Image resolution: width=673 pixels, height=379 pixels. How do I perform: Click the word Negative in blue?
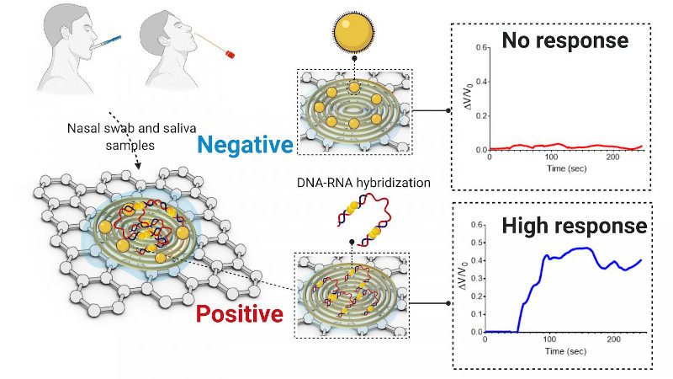coord(245,145)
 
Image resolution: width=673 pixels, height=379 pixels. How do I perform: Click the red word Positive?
coord(240,313)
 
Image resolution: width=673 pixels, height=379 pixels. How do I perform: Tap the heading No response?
coord(564,40)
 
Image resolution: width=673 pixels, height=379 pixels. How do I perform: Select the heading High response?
coord(575,226)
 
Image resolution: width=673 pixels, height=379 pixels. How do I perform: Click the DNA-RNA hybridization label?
coord(363,183)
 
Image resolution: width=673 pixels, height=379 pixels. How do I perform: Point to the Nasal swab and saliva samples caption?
coord(131,136)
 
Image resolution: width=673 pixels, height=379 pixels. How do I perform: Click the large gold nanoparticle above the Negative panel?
coord(354,32)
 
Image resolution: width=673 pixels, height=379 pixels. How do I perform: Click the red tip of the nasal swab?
coord(230,54)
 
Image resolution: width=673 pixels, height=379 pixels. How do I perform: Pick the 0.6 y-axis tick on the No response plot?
coord(481,47)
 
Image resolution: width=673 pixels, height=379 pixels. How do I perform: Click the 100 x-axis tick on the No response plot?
coord(551,157)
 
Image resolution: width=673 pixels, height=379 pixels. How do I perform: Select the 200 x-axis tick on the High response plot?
coord(614,339)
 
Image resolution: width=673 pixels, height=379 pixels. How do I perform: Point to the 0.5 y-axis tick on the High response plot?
coord(476,243)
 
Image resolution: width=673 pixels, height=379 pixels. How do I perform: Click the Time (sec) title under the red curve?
coord(566,168)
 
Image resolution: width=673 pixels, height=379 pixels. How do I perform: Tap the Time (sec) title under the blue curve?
coord(565,351)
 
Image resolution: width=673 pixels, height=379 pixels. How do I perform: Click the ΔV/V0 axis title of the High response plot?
coord(464,275)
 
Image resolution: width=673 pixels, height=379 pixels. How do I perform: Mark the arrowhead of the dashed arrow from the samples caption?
coord(137,165)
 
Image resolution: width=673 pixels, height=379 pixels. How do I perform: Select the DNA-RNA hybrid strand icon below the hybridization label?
coord(363,220)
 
